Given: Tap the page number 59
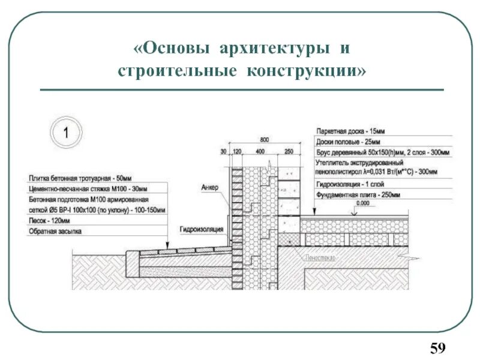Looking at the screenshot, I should [x=438, y=347].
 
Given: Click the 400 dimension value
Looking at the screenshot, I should [x=259, y=152].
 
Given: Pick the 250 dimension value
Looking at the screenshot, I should [x=289, y=152].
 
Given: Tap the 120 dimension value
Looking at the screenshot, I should [x=236, y=152].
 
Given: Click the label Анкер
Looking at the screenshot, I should [x=211, y=188].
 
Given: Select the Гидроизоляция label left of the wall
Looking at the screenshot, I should [x=201, y=229].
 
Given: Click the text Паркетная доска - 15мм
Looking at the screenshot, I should [x=350, y=130].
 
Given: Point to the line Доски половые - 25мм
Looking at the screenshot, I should [x=347, y=142].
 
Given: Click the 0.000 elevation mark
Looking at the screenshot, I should [x=363, y=203].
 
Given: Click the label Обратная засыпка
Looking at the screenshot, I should [x=55, y=231].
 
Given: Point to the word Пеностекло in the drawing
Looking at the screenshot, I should [x=321, y=257].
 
